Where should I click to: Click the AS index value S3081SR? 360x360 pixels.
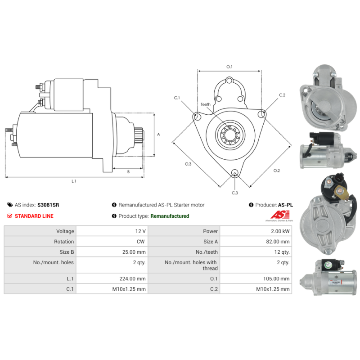coord(48,205)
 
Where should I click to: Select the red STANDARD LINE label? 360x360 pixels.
coord(34,216)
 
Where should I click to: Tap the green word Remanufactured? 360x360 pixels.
coord(170,216)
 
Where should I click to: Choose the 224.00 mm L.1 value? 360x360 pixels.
coord(135,279)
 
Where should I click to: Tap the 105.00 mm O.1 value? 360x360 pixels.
coord(275,279)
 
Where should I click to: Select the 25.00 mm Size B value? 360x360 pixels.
coord(135,252)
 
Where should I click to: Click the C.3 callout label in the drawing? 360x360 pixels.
coord(234,193)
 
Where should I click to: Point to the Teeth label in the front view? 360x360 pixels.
coord(205,104)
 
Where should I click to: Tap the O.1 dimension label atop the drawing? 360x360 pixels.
coord(229,67)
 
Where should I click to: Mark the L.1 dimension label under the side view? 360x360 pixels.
coord(74,181)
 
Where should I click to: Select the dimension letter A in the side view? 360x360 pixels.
coord(158,134)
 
